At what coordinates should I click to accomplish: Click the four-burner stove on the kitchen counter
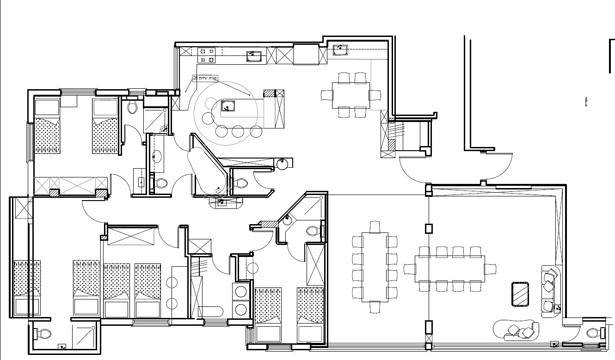tap(207, 55)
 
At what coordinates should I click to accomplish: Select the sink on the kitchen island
tap(227, 106)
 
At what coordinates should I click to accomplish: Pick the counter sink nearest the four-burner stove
tap(254, 56)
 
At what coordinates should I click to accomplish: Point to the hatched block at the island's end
tap(279, 93)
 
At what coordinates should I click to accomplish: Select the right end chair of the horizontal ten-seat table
tap(490, 268)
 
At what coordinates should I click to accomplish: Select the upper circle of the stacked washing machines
tap(241, 292)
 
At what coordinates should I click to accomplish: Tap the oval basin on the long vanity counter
tap(156, 156)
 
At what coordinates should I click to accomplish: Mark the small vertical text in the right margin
tap(586, 102)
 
